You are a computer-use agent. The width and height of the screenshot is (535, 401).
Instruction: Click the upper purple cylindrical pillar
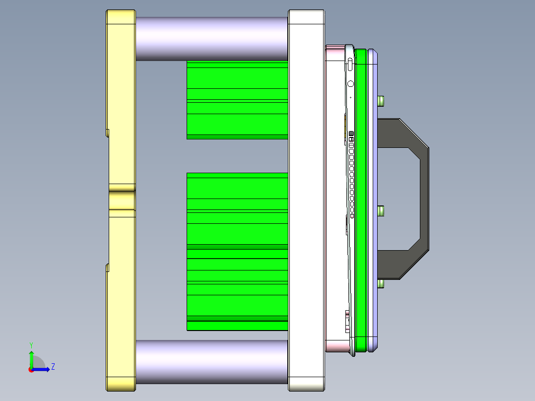211,39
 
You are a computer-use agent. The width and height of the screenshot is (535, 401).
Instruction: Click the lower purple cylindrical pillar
211,362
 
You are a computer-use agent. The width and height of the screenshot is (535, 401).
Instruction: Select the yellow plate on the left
121,99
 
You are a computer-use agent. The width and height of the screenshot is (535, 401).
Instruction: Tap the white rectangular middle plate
306,199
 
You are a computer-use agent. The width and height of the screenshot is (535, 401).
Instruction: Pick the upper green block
237,99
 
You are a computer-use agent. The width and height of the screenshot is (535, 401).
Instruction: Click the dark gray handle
422,199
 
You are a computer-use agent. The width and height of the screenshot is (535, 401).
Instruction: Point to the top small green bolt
381,101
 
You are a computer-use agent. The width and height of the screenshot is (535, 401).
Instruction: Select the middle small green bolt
381,211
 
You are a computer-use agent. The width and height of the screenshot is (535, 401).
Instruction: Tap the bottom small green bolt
381,284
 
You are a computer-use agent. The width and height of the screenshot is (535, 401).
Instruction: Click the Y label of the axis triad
31,344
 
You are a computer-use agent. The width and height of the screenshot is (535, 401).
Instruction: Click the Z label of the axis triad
53,367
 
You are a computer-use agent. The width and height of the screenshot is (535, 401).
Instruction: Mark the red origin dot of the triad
31,370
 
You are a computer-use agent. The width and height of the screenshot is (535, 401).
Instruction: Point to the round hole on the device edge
351,84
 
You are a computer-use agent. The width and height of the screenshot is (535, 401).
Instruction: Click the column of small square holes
351,174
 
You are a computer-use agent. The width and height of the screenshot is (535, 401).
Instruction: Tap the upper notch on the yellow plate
107,133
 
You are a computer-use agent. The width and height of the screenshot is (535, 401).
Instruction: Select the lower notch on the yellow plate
107,268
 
